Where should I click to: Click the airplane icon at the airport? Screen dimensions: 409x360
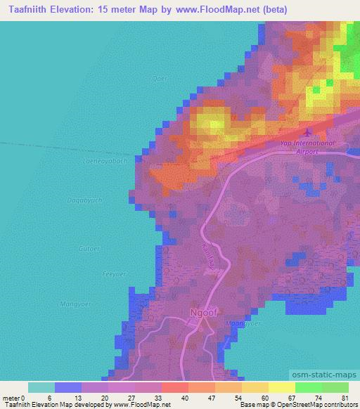point(307,133)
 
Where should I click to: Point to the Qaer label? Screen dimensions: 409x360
point(159,79)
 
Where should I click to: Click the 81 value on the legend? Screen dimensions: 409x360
point(344,397)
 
